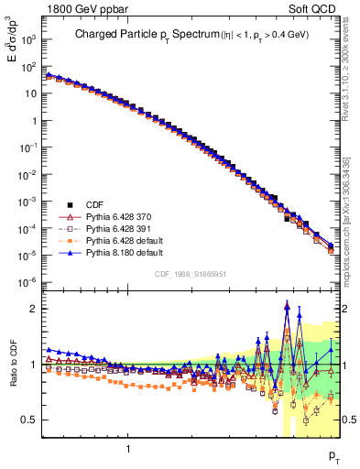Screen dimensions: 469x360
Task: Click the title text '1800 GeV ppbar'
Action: (x=80, y=8)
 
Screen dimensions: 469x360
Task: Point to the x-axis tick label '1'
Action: (x=128, y=449)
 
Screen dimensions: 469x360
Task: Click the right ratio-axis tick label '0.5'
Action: (x=348, y=420)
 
